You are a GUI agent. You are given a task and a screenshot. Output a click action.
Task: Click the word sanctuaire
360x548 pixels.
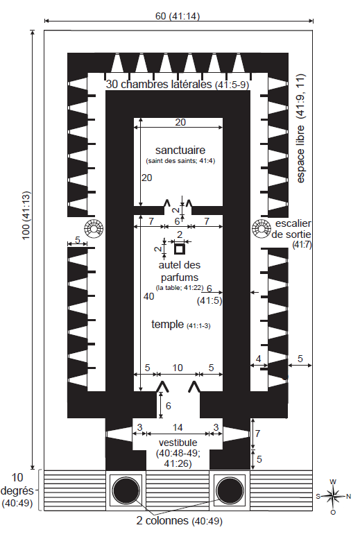[180, 151]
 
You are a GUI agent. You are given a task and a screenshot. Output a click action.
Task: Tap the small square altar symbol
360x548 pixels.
[180, 249]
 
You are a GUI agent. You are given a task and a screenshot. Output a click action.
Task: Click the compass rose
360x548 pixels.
[334, 496]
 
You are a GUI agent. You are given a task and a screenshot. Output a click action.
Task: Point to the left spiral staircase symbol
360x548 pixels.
[94, 229]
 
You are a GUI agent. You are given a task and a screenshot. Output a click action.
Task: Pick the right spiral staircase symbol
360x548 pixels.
[262, 229]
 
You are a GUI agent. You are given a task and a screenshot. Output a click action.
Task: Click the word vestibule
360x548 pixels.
[178, 443]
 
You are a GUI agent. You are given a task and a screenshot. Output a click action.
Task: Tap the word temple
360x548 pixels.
[167, 325]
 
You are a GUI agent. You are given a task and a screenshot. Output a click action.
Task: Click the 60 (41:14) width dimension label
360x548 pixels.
[178, 16]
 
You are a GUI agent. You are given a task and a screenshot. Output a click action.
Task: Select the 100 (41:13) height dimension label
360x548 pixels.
[26, 215]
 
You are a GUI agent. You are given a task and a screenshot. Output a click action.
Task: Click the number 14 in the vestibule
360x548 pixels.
[178, 427]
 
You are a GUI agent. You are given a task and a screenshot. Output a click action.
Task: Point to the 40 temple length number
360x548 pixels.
[148, 296]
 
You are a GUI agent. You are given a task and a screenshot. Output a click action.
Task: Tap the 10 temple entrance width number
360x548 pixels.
[178, 368]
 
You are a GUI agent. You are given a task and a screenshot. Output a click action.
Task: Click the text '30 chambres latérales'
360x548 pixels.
[159, 84]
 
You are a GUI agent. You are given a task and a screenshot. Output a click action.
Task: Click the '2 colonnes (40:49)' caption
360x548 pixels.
[179, 521]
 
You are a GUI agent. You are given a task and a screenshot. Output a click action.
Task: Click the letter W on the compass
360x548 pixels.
[333, 481]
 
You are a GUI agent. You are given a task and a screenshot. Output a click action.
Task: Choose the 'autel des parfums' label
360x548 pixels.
[180, 271]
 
